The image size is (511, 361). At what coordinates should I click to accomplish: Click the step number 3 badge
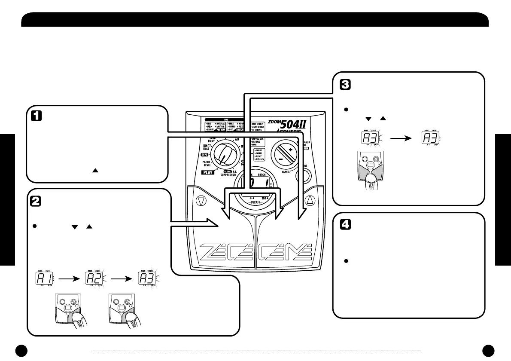click(344, 85)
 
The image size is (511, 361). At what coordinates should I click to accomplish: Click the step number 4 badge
click(344, 224)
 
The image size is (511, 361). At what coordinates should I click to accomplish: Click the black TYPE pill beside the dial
click(207, 153)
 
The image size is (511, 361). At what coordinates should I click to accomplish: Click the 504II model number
click(296, 124)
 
